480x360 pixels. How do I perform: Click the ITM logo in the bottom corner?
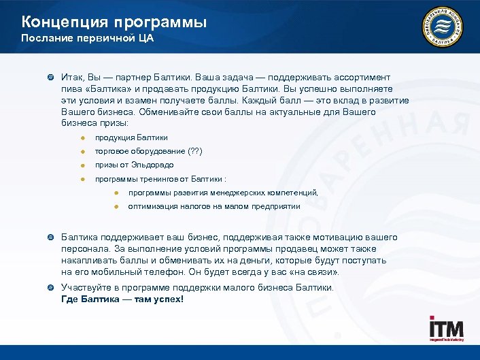coord(446,330)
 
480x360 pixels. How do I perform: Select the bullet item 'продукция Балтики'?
coord(131,137)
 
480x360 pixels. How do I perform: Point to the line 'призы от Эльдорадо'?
coord(134,165)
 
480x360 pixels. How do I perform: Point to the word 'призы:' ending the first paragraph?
coord(113,122)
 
